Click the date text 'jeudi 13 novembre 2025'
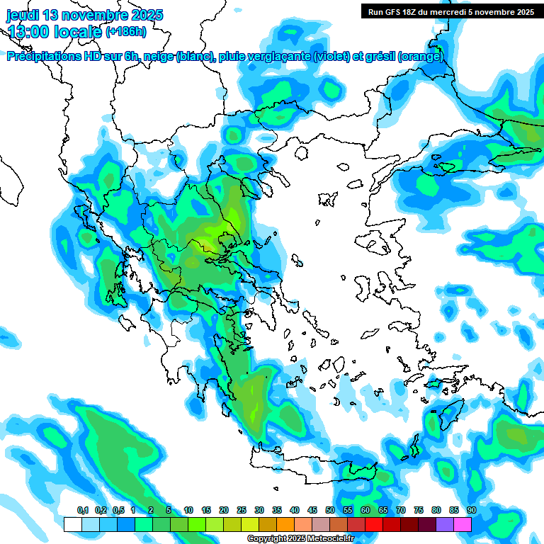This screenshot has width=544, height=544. pos(85,15)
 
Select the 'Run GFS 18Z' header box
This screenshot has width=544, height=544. pos(450,11)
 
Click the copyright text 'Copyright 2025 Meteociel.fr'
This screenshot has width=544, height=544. pos(300,539)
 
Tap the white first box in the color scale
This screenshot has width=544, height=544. pos(72,524)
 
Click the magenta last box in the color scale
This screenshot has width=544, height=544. pos(463,524)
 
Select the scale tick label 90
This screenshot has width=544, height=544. pos(471,511)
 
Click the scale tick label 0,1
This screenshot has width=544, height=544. pos(83,511)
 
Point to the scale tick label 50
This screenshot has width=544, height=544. pos(330,511)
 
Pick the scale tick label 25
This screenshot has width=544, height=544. pos(242,511)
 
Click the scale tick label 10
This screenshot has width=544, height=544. pos(188,511)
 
